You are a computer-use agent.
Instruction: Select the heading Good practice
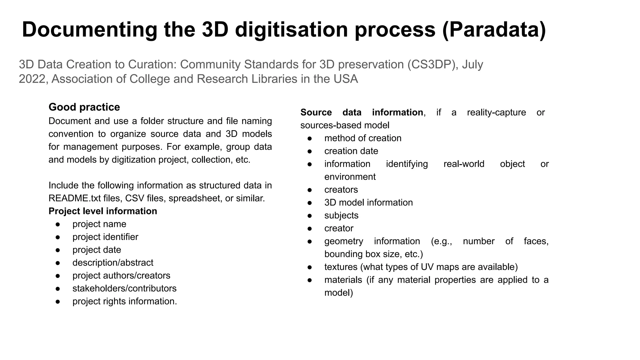pos(84,107)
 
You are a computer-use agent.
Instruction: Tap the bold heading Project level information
pos(103,211)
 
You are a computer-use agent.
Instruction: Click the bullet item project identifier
pos(105,237)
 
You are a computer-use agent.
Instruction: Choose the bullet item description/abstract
pos(113,262)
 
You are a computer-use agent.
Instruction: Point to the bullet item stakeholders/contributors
pos(124,288)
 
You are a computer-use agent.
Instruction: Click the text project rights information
pos(125,301)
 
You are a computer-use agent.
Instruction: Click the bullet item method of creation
pos(363,138)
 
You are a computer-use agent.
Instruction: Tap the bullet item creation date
pos(351,151)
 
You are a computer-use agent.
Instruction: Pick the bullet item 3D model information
pos(368,202)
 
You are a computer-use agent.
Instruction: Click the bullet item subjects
pos(341,215)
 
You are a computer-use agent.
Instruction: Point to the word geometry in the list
pos(344,241)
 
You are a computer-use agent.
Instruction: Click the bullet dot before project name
pos(57,224)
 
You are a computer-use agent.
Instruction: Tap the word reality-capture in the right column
pos(496,112)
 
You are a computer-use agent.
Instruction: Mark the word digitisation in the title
pos(291,30)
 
